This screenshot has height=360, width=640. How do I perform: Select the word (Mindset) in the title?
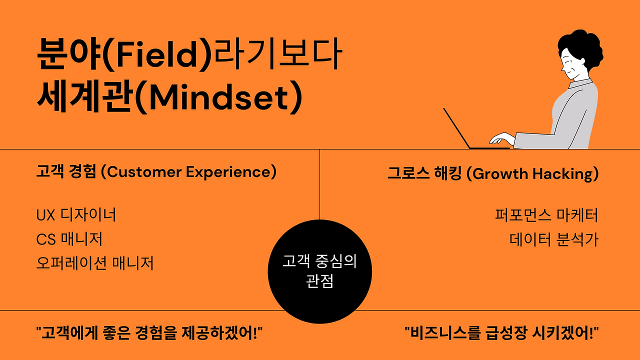click(218, 97)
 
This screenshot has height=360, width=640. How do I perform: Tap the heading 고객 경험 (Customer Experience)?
click(156, 171)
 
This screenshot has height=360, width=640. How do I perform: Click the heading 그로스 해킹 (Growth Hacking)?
click(493, 173)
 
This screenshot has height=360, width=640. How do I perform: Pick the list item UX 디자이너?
click(76, 215)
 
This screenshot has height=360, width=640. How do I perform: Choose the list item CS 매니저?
click(69, 239)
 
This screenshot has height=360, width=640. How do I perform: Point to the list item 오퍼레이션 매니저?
click(95, 263)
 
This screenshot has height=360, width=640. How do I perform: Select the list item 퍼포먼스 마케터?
click(546, 215)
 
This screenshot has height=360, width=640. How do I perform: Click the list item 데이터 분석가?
click(553, 239)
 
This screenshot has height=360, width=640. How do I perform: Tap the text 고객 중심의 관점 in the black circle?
click(319, 271)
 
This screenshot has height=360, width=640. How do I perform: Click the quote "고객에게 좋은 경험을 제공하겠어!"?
click(149, 333)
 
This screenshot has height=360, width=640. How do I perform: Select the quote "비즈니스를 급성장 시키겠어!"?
click(501, 333)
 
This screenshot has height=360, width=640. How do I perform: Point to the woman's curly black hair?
click(583, 50)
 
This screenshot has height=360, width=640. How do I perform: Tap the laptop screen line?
click(456, 128)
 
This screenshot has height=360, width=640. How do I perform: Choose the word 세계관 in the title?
click(85, 96)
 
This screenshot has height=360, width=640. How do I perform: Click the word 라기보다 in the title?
click(277, 54)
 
